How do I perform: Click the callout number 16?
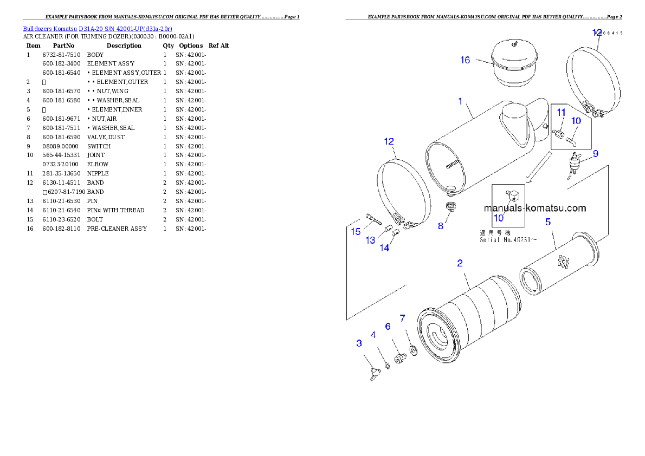[x=465, y=60]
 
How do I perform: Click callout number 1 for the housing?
[x=460, y=101]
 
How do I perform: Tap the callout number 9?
[x=595, y=154]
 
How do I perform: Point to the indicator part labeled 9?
[x=575, y=162]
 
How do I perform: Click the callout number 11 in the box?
[x=562, y=112]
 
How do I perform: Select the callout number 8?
[x=441, y=226]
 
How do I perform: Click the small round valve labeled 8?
[x=449, y=207]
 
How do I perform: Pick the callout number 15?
[x=356, y=232]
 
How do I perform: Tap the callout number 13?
[x=370, y=240]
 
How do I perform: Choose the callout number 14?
[x=384, y=248]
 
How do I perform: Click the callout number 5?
[x=548, y=222]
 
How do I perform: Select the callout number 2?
[x=460, y=263]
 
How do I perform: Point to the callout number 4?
[x=373, y=335]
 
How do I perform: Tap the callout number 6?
[x=388, y=326]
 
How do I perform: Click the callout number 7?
[x=402, y=318]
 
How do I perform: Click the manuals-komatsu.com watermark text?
[x=535, y=208]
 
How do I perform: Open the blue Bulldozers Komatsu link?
[x=98, y=29]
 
